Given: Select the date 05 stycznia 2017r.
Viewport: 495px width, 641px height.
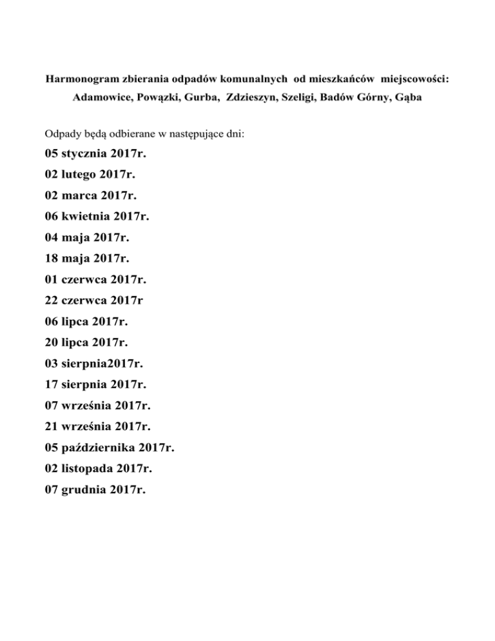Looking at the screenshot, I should coord(96,155).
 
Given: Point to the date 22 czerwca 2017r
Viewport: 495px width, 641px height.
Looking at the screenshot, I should coord(95,301).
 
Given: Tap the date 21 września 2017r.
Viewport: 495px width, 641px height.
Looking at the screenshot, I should coord(97,427).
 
